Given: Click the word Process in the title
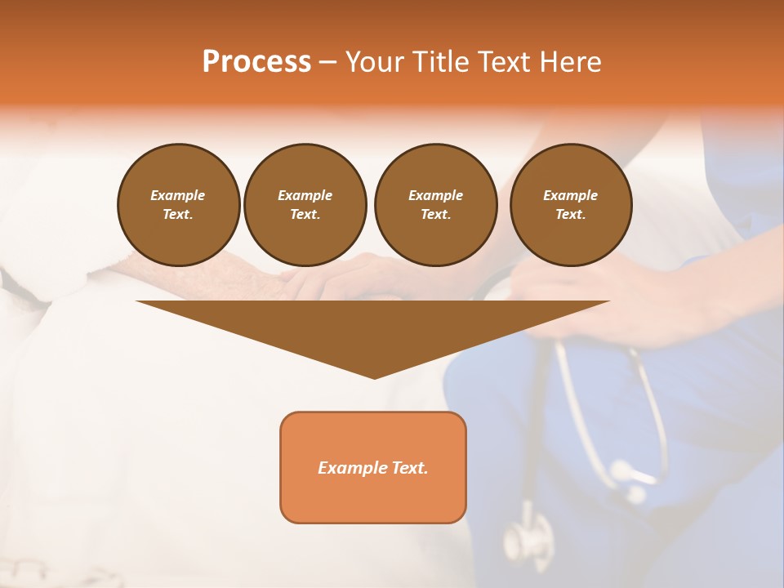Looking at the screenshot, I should tap(256, 62).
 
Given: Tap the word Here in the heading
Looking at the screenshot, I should tap(570, 62).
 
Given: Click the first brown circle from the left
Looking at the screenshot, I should tap(178, 205).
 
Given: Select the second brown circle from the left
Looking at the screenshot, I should tap(305, 205).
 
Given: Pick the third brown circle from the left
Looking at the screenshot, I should tap(435, 205).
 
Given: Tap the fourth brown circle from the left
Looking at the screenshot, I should tap(571, 205).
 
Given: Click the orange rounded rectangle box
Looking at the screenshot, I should tap(373, 467).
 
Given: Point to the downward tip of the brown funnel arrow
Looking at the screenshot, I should tap(374, 377).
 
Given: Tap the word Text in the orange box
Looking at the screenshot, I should tap(409, 468).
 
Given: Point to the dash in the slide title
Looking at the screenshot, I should tap(327, 62).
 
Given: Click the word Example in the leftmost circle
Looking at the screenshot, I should tap(178, 195).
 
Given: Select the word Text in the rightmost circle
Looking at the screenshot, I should tap(571, 215).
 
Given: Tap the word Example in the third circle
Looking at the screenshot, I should tap(435, 195).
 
